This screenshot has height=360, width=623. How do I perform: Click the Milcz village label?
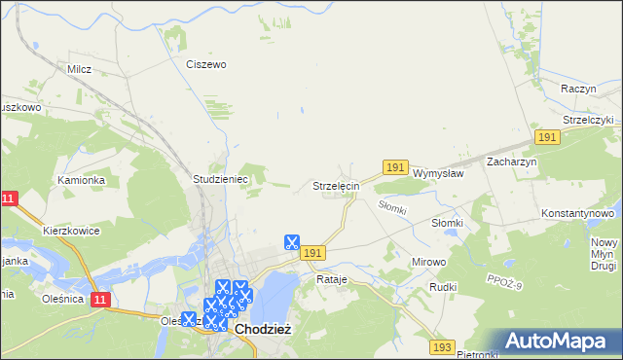click(79, 69)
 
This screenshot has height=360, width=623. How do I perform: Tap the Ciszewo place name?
click(205, 64)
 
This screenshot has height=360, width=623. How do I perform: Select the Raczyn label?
click(578, 89)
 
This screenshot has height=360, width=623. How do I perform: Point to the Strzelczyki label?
click(581, 120)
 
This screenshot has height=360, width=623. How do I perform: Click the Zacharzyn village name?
click(512, 162)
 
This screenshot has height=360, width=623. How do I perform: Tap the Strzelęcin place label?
click(336, 185)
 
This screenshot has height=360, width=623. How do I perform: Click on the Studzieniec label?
click(222, 180)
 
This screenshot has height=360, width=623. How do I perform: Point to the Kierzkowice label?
click(71, 232)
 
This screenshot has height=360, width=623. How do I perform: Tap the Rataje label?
click(332, 279)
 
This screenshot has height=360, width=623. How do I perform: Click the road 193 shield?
click(443, 346)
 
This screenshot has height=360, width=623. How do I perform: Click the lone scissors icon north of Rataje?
click(291, 242)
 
